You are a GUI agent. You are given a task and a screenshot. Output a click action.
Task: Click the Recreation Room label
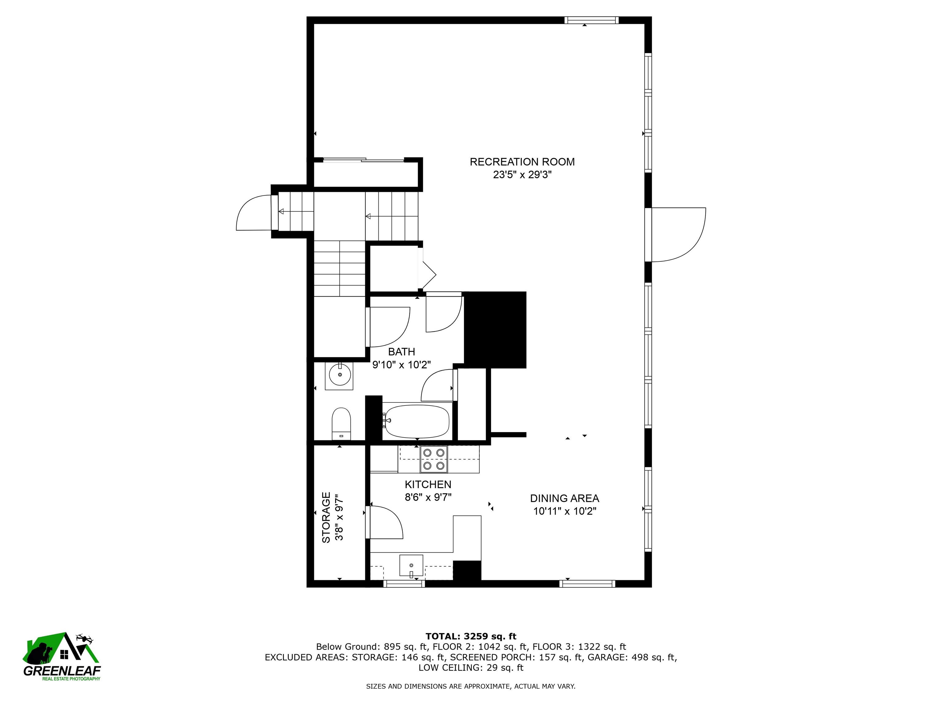click(522, 162)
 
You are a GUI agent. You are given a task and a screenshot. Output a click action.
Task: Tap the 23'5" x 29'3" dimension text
click(522, 175)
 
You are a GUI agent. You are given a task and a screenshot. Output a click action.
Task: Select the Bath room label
click(402, 352)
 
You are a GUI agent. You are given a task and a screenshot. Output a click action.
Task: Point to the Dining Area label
click(565, 498)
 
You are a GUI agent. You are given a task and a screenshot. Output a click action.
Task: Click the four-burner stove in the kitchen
click(434, 459)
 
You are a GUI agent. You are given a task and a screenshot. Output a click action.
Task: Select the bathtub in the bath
click(416, 421)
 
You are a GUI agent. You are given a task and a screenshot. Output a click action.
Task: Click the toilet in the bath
click(341, 424)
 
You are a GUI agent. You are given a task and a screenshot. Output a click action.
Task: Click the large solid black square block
click(495, 330)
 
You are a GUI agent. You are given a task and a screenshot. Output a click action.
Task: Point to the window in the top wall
click(592, 20)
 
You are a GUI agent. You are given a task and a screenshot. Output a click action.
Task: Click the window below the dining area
click(587, 584)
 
